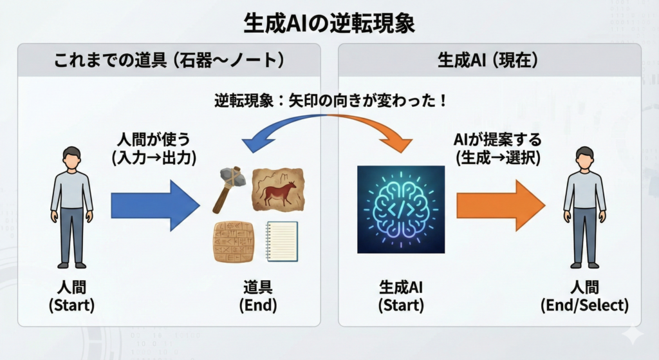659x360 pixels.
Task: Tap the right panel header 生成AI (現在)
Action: [488, 60]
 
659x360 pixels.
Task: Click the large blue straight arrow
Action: [156, 205]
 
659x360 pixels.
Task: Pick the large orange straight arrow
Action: [501, 205]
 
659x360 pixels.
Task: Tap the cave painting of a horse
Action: [279, 190]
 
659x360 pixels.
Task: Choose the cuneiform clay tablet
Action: [234, 242]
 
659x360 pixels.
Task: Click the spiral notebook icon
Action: [282, 242]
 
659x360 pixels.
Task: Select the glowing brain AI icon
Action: [401, 209]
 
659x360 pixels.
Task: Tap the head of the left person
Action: [72, 158]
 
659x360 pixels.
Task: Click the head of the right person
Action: [584, 158]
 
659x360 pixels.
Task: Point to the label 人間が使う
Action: [154, 139]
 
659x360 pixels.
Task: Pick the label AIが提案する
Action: [497, 139]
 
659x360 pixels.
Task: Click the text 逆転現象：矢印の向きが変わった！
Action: [330, 101]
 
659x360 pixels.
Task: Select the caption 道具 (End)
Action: [258, 297]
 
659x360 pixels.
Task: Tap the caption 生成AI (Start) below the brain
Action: [401, 297]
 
